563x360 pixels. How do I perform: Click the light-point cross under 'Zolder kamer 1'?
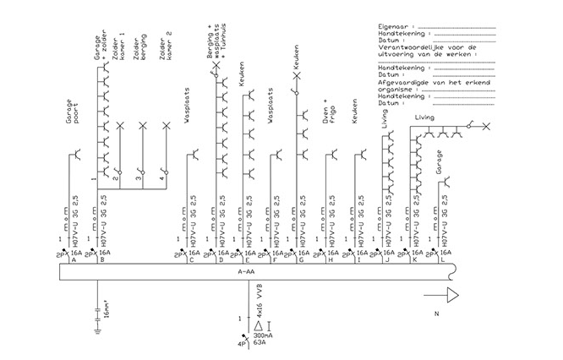119,126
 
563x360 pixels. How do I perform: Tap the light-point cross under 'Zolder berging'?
142,126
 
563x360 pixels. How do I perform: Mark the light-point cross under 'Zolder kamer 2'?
165,126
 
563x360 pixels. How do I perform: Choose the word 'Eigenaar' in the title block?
392,27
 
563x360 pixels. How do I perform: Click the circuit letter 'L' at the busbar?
445,259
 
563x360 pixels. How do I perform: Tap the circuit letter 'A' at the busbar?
76,259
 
